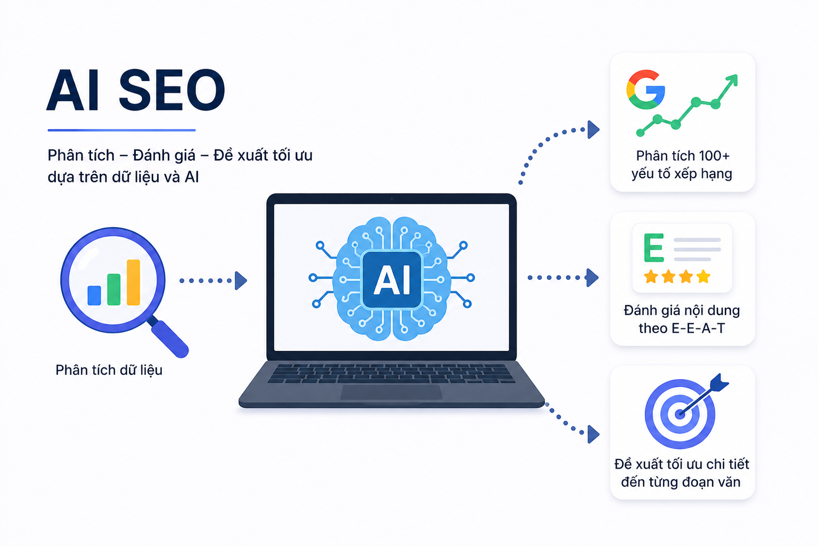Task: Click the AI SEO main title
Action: point(136,90)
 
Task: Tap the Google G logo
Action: point(645,90)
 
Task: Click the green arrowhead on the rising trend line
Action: point(731,80)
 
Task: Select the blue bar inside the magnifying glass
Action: point(94,295)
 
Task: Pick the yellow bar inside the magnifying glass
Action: point(133,282)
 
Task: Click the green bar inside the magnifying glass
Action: point(114,290)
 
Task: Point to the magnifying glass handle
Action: point(169,338)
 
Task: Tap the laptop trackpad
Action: point(391,392)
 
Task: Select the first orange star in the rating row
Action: point(651,277)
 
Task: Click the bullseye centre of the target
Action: point(680,414)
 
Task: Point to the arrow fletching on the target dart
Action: point(719,382)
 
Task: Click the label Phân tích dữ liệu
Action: point(109,370)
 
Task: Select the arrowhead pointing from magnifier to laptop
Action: point(241,281)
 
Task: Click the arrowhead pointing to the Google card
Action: point(593,130)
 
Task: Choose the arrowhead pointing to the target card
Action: point(593,435)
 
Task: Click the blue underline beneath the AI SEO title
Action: point(121,130)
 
